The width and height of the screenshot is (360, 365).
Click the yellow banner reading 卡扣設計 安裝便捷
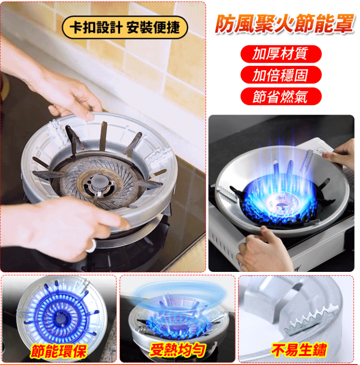pyautogui.click(x=125, y=27)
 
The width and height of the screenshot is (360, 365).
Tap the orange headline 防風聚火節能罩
pyautogui.click(x=284, y=23)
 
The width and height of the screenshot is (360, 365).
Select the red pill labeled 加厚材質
pyautogui.click(x=281, y=54)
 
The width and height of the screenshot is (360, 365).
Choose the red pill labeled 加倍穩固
pyautogui.click(x=281, y=75)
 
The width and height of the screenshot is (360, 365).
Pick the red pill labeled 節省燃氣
pyautogui.click(x=281, y=96)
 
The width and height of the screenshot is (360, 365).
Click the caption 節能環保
pyautogui.click(x=59, y=351)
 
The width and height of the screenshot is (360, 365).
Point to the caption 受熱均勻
pyautogui.click(x=177, y=350)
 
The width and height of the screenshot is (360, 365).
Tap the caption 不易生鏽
pyautogui.click(x=299, y=350)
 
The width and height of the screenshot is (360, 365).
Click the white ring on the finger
pyautogui.click(x=92, y=246)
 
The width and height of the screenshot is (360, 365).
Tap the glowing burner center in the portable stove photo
pyautogui.click(x=280, y=202)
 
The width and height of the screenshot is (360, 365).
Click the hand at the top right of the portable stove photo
pyautogui.click(x=342, y=152)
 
